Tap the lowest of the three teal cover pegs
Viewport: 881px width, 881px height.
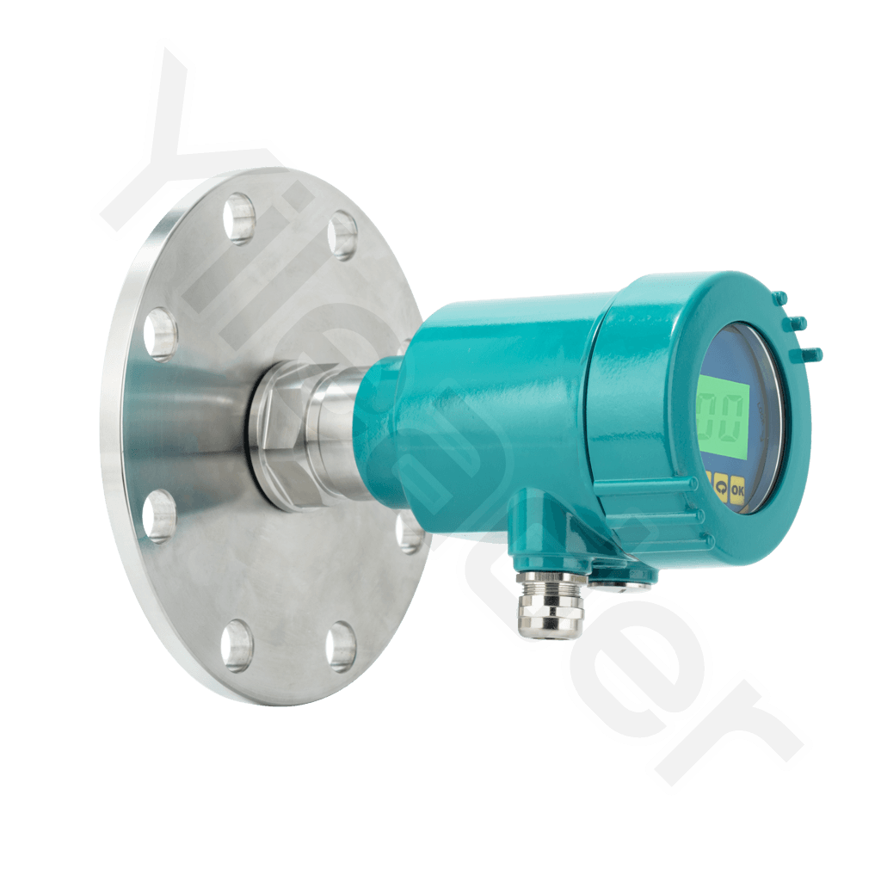(810, 353)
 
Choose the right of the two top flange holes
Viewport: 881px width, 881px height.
(342, 234)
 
